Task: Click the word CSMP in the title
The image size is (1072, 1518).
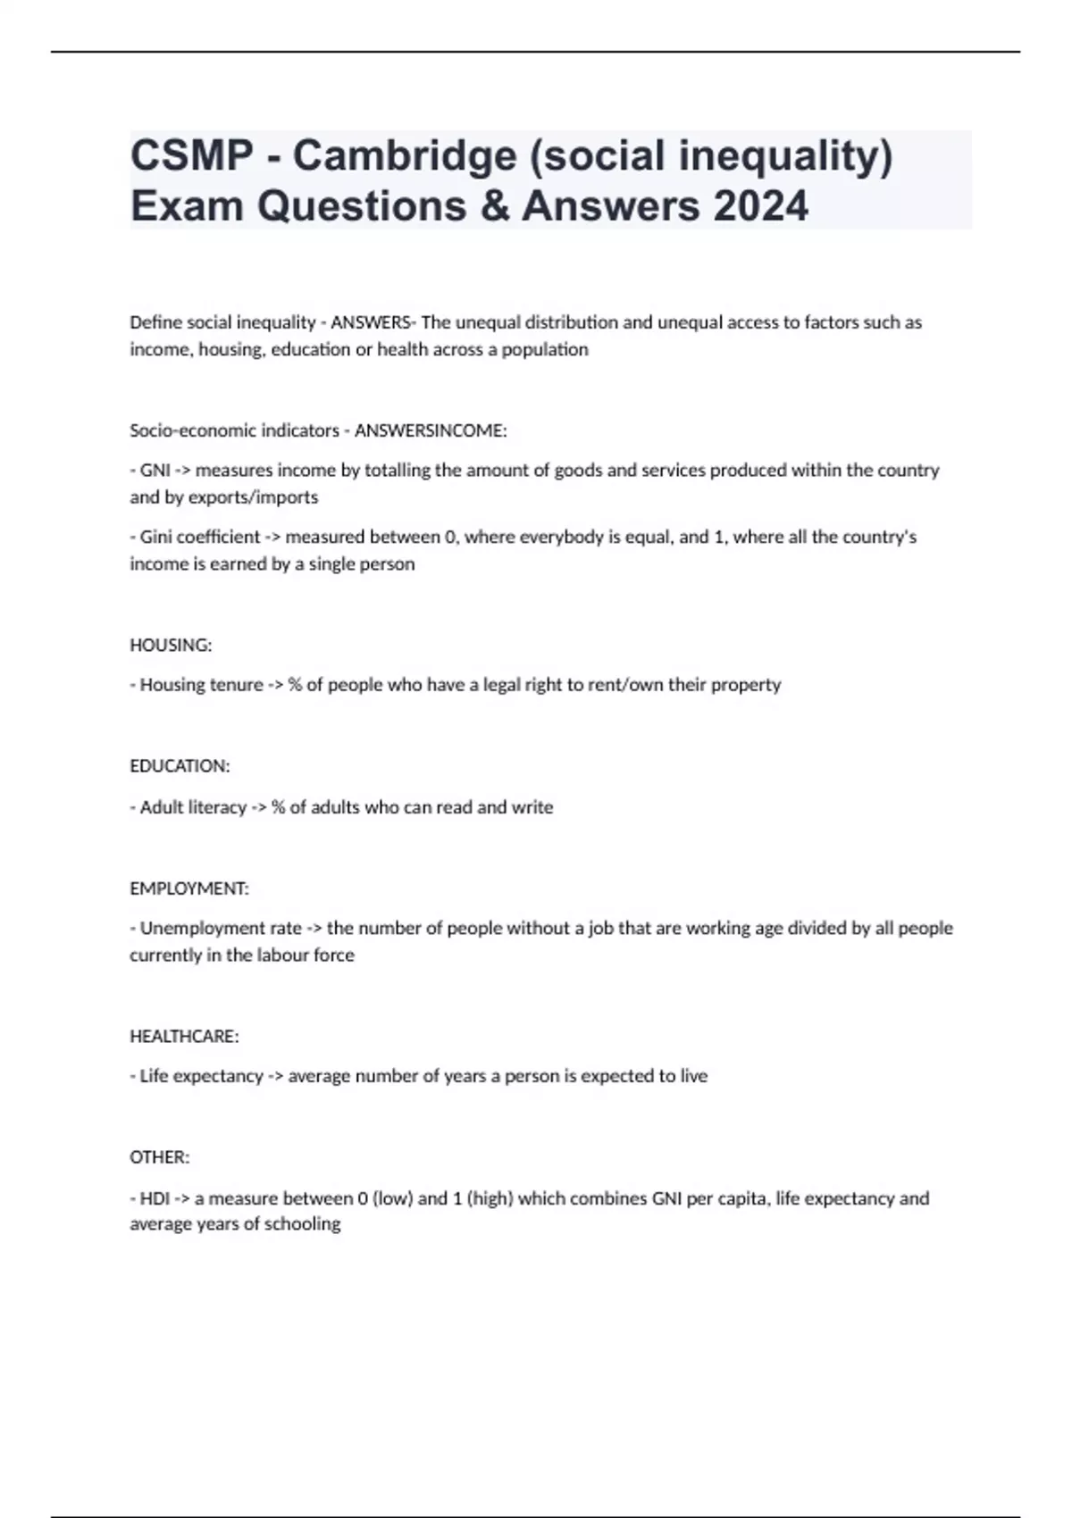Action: click(192, 155)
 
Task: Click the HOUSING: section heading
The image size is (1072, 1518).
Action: click(171, 645)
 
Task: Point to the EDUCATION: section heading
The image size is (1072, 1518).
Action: click(180, 766)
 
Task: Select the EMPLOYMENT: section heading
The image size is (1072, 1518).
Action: click(189, 888)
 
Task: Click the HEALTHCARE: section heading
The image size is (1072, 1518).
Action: click(184, 1036)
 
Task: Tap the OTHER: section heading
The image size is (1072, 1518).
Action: click(160, 1157)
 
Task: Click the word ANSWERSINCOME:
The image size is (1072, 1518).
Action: click(431, 430)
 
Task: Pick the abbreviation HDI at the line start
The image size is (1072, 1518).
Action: click(155, 1198)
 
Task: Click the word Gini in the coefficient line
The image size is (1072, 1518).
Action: click(158, 537)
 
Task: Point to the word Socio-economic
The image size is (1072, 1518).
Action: click(190, 430)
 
